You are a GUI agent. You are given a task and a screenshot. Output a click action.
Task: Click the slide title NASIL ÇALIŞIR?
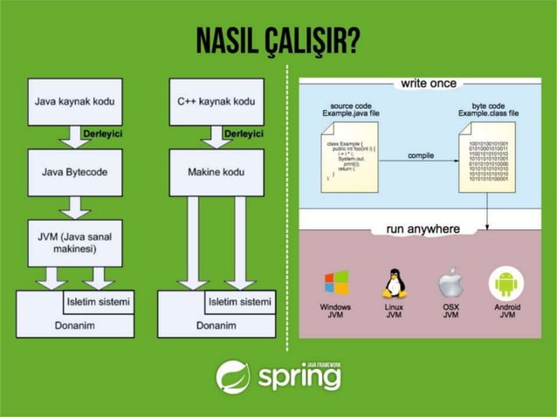click(x=278, y=39)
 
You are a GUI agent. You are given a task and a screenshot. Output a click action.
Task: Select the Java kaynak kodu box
click(x=74, y=102)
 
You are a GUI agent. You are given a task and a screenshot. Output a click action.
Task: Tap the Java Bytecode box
click(x=74, y=172)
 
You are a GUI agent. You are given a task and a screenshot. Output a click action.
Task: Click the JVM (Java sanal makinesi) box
click(x=74, y=243)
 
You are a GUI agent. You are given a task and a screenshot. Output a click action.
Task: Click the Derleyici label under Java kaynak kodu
click(x=101, y=134)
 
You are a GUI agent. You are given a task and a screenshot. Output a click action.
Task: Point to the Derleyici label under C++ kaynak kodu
click(x=244, y=134)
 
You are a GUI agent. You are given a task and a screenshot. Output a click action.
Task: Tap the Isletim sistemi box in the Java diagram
click(x=98, y=302)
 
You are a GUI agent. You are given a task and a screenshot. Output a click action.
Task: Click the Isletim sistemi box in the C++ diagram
click(x=239, y=302)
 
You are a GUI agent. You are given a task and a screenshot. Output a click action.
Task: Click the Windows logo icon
click(x=336, y=284)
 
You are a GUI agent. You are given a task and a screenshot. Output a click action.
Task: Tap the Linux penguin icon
click(x=394, y=283)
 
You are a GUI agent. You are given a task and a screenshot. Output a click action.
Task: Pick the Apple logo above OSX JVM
click(x=450, y=283)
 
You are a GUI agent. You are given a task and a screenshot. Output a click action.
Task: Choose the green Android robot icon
click(x=506, y=284)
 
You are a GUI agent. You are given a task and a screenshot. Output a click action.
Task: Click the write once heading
click(x=429, y=84)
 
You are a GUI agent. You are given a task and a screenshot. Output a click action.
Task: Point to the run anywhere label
click(x=423, y=229)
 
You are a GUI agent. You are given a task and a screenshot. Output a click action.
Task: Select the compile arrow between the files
click(x=421, y=161)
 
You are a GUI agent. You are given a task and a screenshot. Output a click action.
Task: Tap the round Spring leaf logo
click(x=233, y=377)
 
